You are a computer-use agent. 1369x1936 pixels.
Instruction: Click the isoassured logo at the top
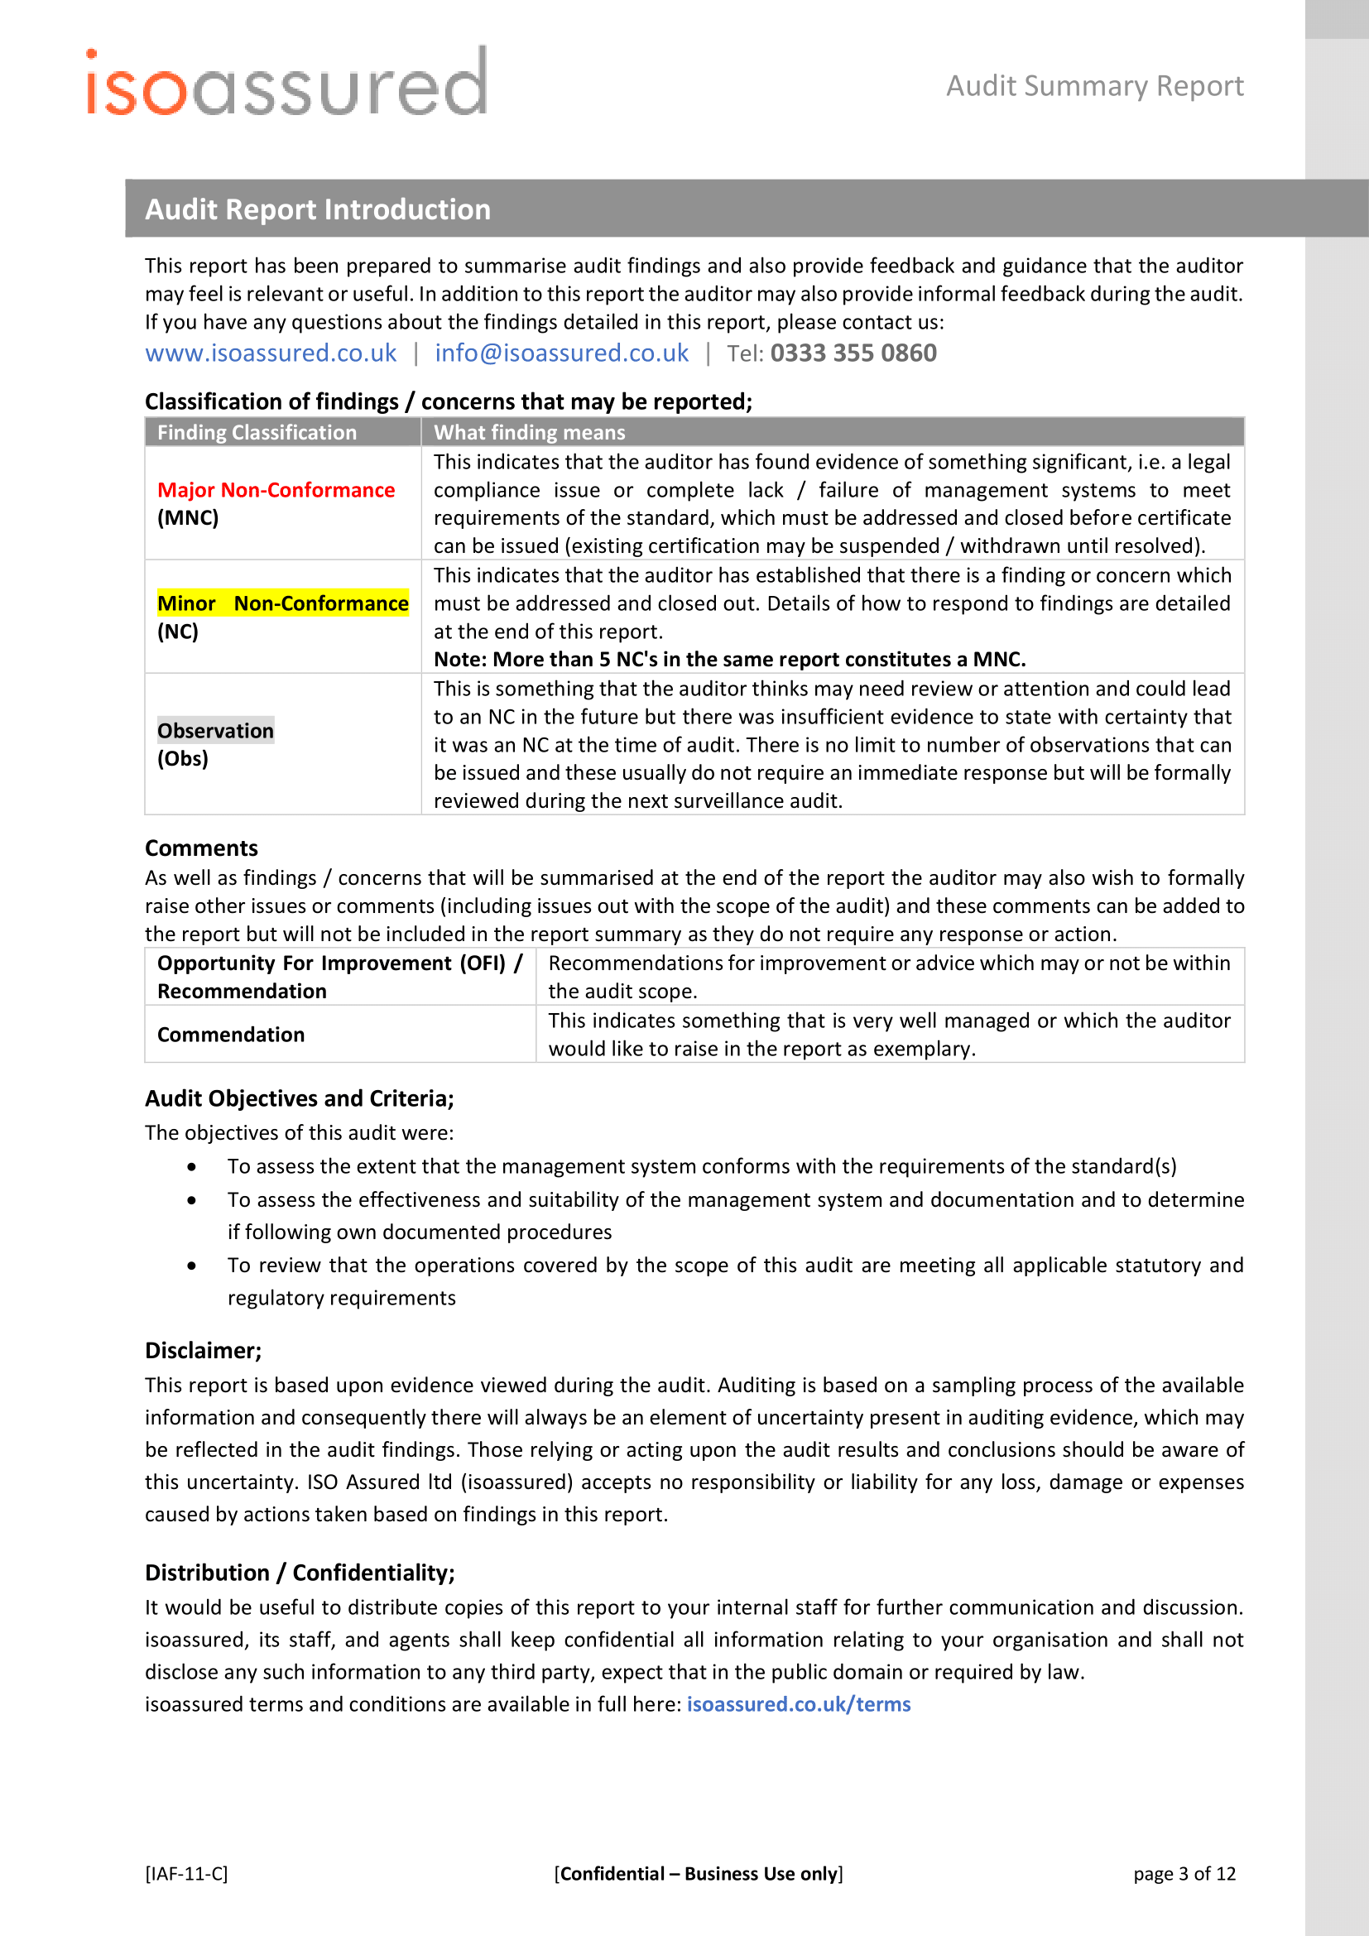pyautogui.click(x=286, y=83)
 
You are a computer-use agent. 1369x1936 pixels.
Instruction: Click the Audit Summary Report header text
pyautogui.click(x=1094, y=86)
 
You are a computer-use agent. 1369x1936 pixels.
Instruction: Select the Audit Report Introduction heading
pyautogui.click(x=318, y=209)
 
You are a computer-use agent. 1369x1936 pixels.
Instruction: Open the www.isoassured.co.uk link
pyautogui.click(x=271, y=353)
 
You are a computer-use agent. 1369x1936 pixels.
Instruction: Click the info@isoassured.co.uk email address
pyautogui.click(x=561, y=353)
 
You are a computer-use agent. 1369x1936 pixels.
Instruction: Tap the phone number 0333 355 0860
pyautogui.click(x=853, y=353)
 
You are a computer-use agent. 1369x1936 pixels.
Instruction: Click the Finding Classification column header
pyautogui.click(x=257, y=433)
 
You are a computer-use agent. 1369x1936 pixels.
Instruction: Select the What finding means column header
pyautogui.click(x=530, y=433)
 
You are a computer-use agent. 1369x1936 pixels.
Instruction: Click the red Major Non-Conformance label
pyautogui.click(x=276, y=490)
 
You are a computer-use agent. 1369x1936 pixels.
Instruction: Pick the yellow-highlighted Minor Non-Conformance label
pyautogui.click(x=282, y=603)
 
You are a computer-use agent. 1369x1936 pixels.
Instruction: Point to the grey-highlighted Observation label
pyautogui.click(x=216, y=731)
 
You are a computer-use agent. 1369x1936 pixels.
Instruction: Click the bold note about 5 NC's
pyautogui.click(x=729, y=660)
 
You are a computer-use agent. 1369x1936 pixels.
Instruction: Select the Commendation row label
pyautogui.click(x=231, y=1035)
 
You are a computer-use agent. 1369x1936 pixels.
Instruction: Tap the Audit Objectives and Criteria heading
pyautogui.click(x=300, y=1098)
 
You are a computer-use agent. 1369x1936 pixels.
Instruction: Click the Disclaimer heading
pyautogui.click(x=203, y=1351)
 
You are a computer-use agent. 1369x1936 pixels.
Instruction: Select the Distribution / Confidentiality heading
pyautogui.click(x=300, y=1573)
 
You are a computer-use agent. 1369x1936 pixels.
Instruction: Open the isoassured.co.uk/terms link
pyautogui.click(x=798, y=1704)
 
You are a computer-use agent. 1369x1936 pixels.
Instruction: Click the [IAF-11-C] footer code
pyautogui.click(x=186, y=1874)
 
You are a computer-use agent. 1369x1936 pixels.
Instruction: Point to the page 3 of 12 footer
pyautogui.click(x=1184, y=1874)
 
